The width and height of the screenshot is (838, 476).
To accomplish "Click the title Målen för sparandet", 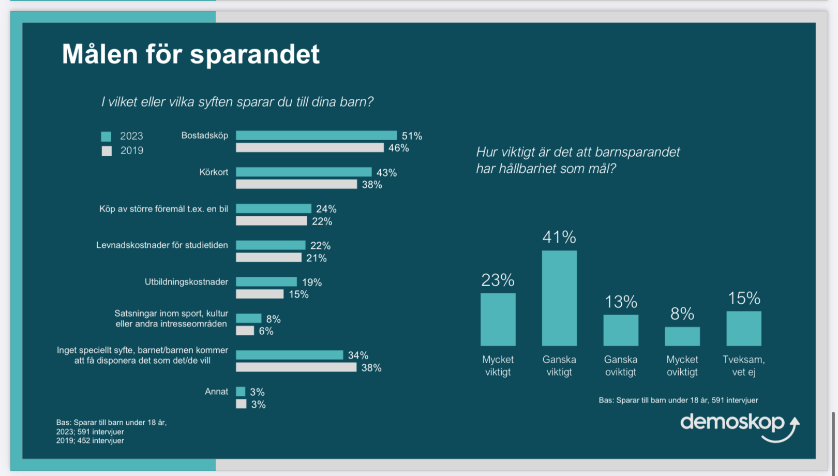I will (x=190, y=54).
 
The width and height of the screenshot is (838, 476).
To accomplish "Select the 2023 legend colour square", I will (x=106, y=137).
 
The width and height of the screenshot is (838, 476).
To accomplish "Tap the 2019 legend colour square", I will (x=107, y=151).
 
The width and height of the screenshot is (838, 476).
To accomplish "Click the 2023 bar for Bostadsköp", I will (x=316, y=136).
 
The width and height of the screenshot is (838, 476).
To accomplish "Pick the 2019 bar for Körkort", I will (x=296, y=184).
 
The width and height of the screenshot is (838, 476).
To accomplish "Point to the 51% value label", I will (x=412, y=136).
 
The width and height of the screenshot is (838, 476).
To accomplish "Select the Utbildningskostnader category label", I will (x=186, y=282).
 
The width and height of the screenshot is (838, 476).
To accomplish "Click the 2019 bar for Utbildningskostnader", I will (x=260, y=294).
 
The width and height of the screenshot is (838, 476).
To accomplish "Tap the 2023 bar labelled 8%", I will (x=249, y=319).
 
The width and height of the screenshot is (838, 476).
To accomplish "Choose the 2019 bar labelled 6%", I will (x=245, y=331).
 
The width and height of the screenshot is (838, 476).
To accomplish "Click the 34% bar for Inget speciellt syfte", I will (x=289, y=355).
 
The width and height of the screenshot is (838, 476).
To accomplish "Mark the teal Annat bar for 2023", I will (x=241, y=392).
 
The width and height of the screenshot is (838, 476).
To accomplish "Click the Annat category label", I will (x=216, y=392).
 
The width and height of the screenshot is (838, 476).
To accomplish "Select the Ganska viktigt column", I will (x=559, y=298).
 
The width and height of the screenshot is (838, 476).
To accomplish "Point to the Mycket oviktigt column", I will (x=682, y=336).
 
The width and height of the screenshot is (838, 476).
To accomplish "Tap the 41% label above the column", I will (x=559, y=237).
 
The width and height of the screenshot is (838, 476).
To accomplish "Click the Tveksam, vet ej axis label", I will (x=743, y=366).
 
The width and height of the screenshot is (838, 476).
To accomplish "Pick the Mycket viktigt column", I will (x=498, y=319).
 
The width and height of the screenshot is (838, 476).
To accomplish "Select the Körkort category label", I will (x=214, y=172).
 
